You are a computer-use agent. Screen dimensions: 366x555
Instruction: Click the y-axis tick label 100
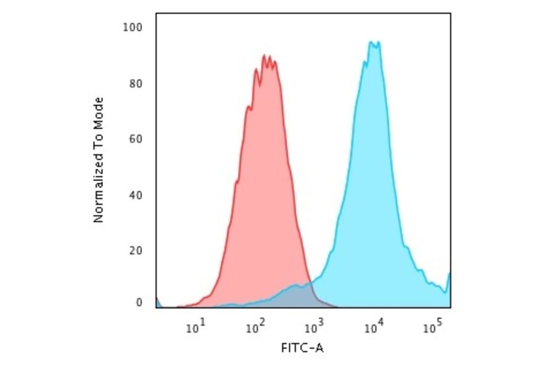133,27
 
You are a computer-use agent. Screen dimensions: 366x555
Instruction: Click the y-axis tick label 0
139,303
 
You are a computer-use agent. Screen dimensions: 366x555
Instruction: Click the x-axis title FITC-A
302,348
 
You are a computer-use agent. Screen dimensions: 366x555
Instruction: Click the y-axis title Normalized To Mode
98,160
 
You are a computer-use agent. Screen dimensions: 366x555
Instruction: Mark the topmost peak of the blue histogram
370,42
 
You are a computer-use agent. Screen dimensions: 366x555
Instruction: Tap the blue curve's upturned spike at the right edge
449,275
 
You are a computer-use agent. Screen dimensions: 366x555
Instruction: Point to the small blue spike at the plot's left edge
157,300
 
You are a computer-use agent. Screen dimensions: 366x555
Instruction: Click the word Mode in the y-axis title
98,112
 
